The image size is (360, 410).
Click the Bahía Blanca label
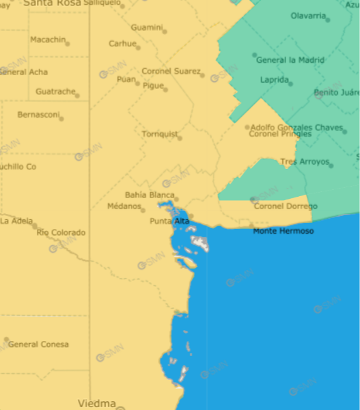coord(150,195)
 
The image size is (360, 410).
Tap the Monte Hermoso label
coord(283,232)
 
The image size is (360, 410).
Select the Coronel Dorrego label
coord(286,206)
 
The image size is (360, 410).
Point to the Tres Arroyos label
coord(304,162)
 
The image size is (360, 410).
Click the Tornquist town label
coord(159,134)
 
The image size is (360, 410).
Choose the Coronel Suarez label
coord(171,71)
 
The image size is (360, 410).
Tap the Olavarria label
coord(307,16)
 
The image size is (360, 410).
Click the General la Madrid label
coord(290,60)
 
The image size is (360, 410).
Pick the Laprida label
coord(274,80)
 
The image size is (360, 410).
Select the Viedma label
coord(97,402)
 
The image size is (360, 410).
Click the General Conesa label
coord(38,344)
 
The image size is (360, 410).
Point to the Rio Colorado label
coord(61,233)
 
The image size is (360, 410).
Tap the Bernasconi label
coord(38,114)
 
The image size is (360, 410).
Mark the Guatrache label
coord(55,91)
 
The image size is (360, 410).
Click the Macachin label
coord(48,40)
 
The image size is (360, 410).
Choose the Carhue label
coord(122,44)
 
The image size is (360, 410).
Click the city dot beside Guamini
coord(165,31)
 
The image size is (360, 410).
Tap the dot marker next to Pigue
coord(166,89)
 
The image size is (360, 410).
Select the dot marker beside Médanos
coord(143,208)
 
